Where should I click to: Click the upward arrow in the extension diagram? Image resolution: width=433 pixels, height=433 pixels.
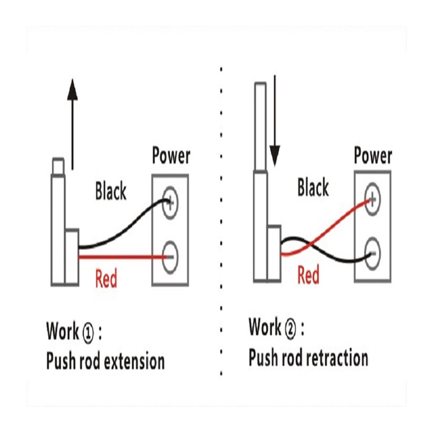coord(72,124)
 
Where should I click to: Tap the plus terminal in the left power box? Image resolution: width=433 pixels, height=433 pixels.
coord(170,203)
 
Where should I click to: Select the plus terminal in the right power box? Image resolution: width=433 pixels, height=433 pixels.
coord(372,199)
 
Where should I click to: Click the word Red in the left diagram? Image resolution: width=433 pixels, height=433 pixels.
coord(106,278)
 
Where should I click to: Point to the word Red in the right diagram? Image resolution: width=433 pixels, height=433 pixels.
coord(308,275)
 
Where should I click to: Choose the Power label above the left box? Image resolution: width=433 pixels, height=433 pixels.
coord(171,156)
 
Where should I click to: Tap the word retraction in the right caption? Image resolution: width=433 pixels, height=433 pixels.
coord(337,358)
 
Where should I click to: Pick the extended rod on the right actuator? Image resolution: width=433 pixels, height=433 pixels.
coord(260,126)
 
